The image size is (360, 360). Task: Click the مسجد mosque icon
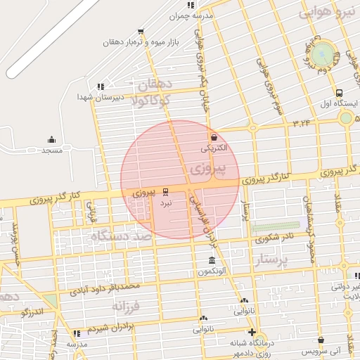[x=51, y=139]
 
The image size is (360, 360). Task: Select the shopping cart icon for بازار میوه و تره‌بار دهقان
[x=141, y=32]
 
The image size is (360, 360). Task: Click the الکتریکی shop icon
[x=213, y=136]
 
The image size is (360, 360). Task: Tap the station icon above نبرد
[x=166, y=191]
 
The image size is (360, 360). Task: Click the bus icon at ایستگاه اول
[x=340, y=93]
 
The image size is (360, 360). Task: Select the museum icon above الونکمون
[x=212, y=261]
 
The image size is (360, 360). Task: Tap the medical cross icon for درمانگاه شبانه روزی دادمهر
[x=251, y=332]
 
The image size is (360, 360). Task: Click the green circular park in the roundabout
[x=323, y=52]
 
